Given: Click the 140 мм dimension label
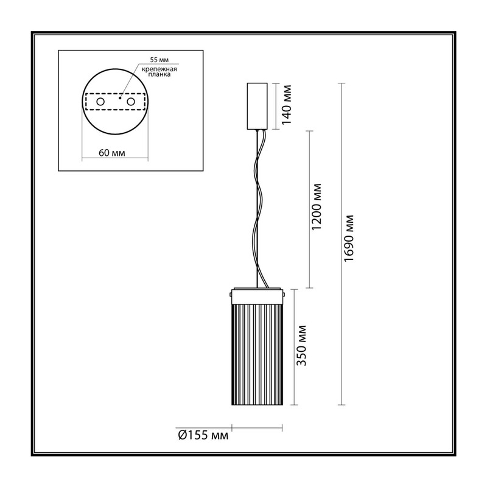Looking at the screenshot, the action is [x=287, y=105].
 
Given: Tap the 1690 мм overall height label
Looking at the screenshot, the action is [x=349, y=238].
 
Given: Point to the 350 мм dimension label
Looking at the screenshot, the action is [x=301, y=345].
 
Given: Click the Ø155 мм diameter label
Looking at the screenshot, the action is [x=203, y=435].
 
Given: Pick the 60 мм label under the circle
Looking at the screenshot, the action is [x=112, y=153].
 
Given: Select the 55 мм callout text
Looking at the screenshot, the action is [x=159, y=60].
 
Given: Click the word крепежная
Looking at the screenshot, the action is [x=159, y=69].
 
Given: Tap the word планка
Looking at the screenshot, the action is [x=159, y=74].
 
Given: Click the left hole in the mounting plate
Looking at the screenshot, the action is [x=100, y=102].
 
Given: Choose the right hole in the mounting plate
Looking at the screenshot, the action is [x=131, y=102].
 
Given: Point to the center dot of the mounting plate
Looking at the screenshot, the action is [x=120, y=98].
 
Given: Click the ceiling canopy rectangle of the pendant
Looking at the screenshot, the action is [x=257, y=106].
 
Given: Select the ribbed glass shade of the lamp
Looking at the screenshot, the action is [x=258, y=354].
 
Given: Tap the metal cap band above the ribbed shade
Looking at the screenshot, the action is [x=258, y=295].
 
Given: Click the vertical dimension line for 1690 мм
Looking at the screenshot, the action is [x=342, y=244].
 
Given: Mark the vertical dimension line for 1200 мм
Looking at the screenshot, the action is [x=309, y=209].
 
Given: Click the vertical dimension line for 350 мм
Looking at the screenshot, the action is [x=294, y=347].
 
